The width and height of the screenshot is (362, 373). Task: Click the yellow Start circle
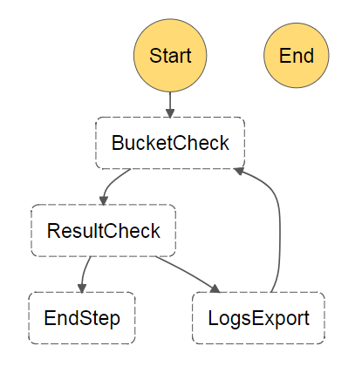click(170, 56)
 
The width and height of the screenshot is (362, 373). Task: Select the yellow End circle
click(297, 56)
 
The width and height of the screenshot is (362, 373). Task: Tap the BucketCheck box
click(170, 143)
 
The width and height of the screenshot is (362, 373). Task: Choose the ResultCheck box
click(104, 231)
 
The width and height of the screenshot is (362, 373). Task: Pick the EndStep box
click(82, 318)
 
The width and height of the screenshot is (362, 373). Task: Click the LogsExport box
click(258, 318)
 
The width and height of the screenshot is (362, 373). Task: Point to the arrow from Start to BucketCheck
click(170, 105)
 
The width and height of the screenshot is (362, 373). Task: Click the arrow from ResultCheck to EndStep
click(84, 275)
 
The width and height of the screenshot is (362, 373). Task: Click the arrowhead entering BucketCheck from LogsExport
click(239, 171)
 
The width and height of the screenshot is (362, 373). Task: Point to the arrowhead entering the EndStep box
click(82, 288)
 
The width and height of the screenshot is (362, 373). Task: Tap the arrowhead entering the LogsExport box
click(215, 288)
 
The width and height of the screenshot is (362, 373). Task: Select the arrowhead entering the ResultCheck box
click(104, 200)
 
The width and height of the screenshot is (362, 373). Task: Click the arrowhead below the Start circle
click(170, 113)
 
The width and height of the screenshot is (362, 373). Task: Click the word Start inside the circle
click(170, 56)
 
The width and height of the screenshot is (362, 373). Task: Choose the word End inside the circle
click(297, 56)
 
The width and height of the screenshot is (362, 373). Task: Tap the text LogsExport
click(258, 318)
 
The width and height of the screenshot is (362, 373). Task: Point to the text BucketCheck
click(170, 143)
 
